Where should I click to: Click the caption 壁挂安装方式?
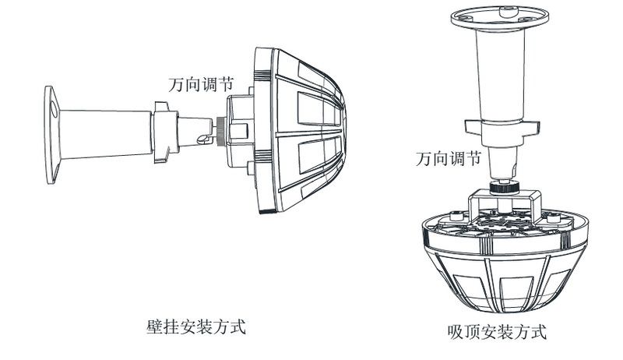pyautogui.click(x=195, y=325)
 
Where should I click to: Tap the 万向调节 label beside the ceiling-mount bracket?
pyautogui.click(x=447, y=161)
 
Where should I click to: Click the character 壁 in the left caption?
pyautogui.click(x=153, y=325)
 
